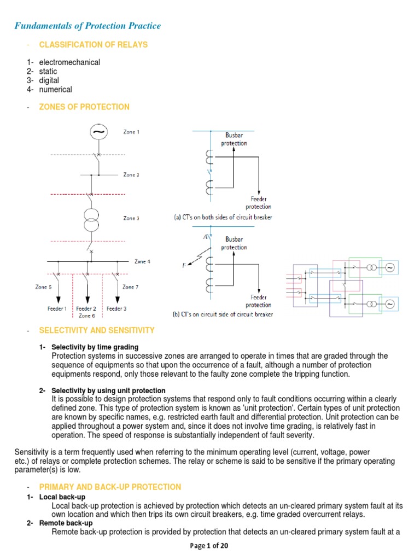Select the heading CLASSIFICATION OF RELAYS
tap(93, 45)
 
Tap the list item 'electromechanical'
tap(69, 62)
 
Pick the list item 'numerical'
tap(55, 89)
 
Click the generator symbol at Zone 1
tap(98, 133)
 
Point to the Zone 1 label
tap(131, 132)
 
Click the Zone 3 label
tap(131, 218)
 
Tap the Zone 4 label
tap(142, 261)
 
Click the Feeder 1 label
tap(57, 308)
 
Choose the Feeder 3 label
tap(116, 308)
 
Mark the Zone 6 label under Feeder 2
tap(86, 316)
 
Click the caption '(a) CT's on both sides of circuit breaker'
tap(223, 217)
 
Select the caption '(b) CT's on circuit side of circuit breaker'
tap(223, 314)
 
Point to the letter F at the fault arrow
tap(184, 265)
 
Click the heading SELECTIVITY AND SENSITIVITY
tap(97, 330)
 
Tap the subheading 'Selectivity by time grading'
tap(95, 347)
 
